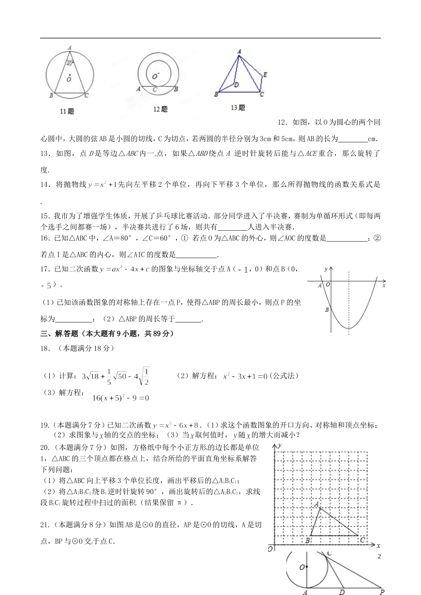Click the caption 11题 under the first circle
tap(67, 112)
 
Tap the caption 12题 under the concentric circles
tap(160, 109)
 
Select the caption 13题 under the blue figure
tap(238, 108)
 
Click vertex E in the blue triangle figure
tap(265, 75)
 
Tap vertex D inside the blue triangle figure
tap(237, 85)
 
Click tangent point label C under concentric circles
tap(155, 89)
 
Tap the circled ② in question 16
tap(377, 239)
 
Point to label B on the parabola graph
tap(327, 310)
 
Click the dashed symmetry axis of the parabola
tap(349, 301)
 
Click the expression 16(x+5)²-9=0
tap(121, 398)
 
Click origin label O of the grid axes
tap(269, 549)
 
